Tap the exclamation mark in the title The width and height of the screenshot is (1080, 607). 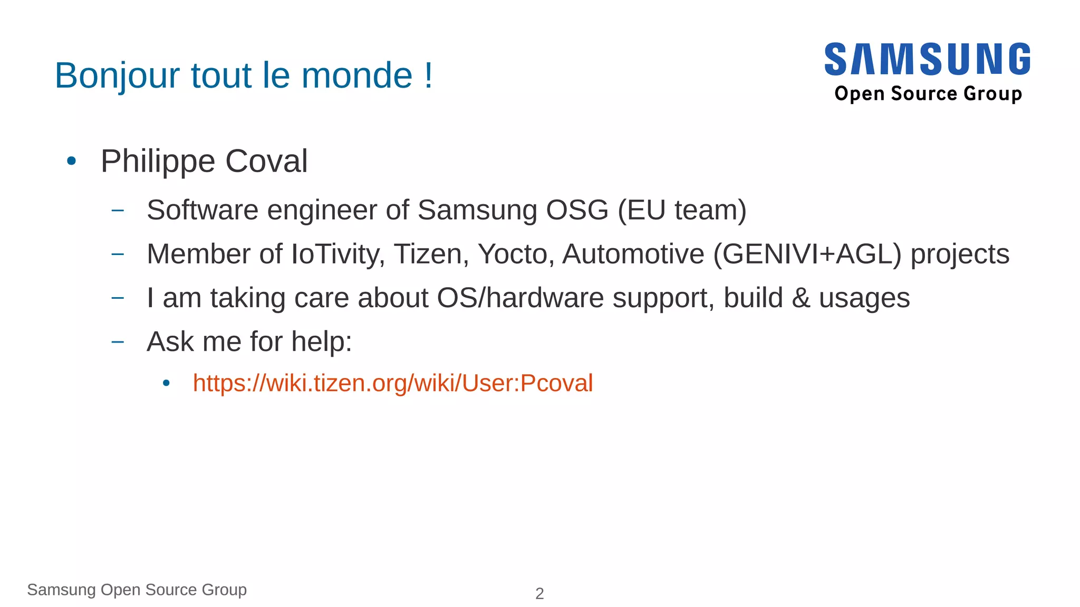coord(429,75)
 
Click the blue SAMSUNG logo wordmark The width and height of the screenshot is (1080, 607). coord(927,59)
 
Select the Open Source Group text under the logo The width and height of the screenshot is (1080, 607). coord(928,94)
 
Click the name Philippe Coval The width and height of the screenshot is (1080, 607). coord(204,161)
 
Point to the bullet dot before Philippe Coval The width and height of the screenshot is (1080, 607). coord(72,161)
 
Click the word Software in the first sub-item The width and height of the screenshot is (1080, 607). coord(202,210)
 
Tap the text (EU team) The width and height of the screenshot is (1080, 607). coord(682,210)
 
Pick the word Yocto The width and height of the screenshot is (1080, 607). coord(515,254)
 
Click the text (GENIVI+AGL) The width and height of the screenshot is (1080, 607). coord(807,254)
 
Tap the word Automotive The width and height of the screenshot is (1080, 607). coord(633,254)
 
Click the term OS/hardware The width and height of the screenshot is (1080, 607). coord(520,298)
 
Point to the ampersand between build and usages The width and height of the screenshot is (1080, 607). coord(801,298)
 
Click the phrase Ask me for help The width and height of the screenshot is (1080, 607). coord(249,342)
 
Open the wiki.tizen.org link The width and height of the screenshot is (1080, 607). coord(393,383)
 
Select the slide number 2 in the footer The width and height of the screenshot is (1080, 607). coord(539,594)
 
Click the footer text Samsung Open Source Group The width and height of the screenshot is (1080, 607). coord(137,590)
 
